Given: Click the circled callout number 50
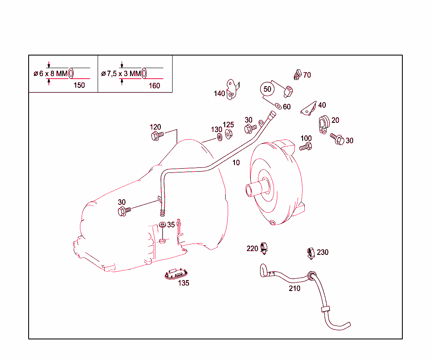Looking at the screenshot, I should point(267,89).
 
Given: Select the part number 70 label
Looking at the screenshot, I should point(307,75).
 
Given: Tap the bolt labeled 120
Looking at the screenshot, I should point(157,135).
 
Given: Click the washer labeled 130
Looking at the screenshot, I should point(219,137).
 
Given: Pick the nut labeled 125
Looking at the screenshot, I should point(229,134).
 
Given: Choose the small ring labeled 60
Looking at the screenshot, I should point(278,106).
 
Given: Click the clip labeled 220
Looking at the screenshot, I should point(264,248).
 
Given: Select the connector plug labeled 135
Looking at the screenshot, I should point(176,274).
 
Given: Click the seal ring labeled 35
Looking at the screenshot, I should point(162,226).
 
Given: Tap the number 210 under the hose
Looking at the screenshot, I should point(295,289).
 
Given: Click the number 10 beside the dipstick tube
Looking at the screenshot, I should point(236,163).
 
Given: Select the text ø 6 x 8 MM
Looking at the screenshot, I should point(51,74).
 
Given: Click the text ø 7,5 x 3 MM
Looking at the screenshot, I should point(121,74).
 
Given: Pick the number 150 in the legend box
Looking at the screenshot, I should point(79,85).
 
